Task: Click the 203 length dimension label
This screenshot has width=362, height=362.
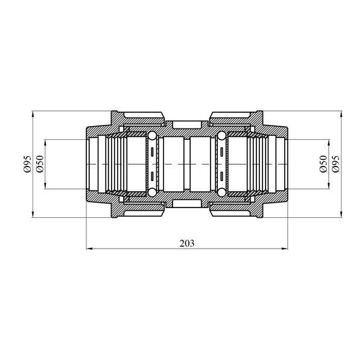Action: [187, 243]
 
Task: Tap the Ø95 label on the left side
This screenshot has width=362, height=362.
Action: [27, 164]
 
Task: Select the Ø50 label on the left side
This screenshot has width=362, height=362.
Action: [40, 164]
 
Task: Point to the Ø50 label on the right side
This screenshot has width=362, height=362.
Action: [323, 164]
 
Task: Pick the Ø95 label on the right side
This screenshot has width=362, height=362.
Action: [336, 164]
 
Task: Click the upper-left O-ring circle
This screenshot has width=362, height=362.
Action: [152, 136]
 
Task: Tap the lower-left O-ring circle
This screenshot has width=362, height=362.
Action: [152, 192]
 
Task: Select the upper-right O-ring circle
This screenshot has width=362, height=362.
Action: [221, 136]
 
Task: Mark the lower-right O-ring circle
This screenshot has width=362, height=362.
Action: [221, 192]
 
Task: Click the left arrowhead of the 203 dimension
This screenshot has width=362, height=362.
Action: [89, 249]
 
